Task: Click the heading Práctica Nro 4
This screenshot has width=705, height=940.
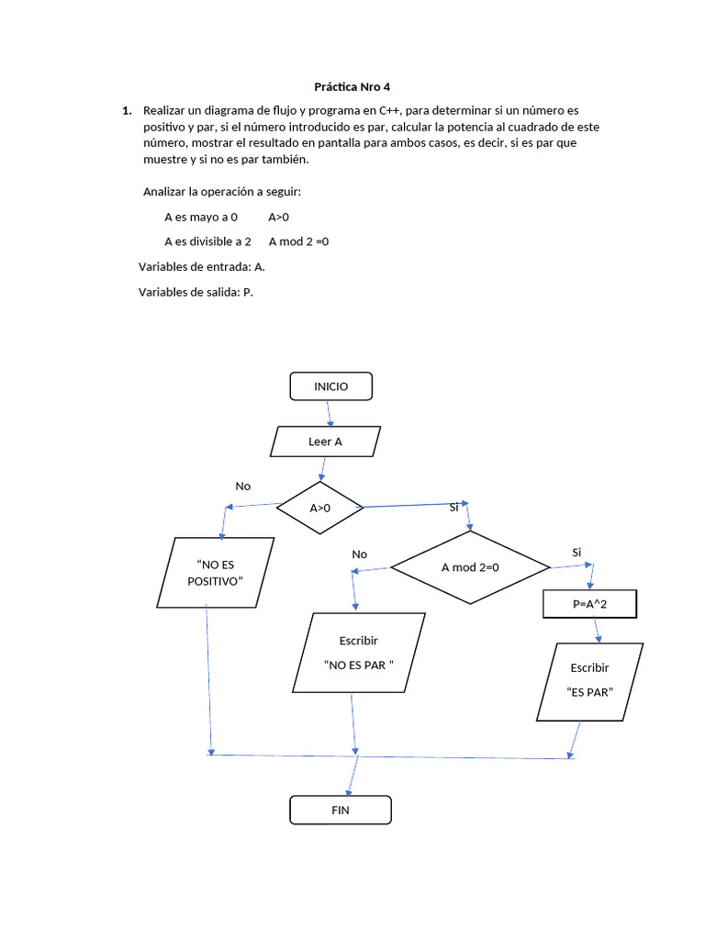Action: [352, 87]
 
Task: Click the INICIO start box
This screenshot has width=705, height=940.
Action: [331, 386]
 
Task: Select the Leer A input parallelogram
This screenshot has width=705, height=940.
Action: [325, 442]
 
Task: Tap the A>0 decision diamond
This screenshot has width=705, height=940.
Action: [320, 508]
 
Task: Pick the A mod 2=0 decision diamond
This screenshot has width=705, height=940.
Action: [469, 567]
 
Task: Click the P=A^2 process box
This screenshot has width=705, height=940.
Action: [588, 604]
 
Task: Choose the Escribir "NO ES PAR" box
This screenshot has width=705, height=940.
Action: [359, 653]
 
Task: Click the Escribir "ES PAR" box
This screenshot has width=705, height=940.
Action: [589, 680]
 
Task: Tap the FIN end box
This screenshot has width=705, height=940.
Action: [341, 810]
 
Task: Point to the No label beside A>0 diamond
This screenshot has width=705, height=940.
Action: [243, 486]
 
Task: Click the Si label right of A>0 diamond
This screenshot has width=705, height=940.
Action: [453, 508]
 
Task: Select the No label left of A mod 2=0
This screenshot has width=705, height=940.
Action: [359, 554]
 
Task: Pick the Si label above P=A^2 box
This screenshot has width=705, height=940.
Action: [576, 552]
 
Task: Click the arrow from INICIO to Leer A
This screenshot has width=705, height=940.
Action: [330, 414]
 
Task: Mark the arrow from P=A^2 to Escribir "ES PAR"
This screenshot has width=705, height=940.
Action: [597, 630]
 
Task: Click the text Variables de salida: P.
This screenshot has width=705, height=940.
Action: [196, 292]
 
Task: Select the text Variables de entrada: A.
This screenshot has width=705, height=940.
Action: [202, 266]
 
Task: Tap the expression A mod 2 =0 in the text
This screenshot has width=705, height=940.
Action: [298, 241]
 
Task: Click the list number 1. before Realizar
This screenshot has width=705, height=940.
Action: [127, 110]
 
